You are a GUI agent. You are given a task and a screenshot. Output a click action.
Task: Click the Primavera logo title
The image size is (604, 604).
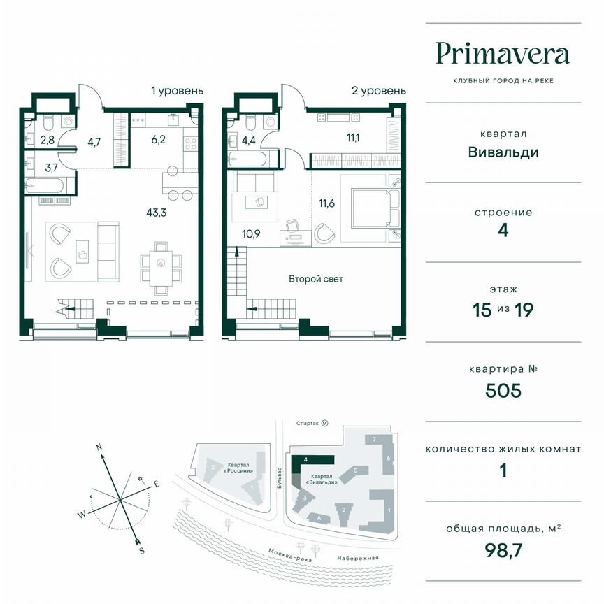[503, 54]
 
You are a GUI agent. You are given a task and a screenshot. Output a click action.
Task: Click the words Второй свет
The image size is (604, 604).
[316, 279]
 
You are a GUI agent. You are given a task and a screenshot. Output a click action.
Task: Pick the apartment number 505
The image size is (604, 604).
[503, 390]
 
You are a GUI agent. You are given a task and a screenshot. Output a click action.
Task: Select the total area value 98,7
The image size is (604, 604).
[503, 552]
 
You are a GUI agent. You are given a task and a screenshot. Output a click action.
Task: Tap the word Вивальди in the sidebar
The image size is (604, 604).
[503, 152]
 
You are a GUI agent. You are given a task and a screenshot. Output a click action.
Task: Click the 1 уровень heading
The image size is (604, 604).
[178, 91]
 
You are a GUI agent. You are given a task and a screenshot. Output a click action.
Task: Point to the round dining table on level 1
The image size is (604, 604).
[161, 264]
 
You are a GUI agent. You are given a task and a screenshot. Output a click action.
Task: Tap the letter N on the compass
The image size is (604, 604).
[99, 446]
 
